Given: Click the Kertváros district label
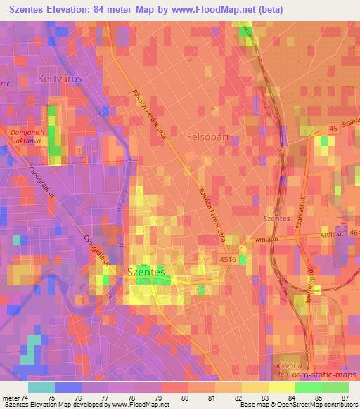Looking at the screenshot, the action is point(60,79).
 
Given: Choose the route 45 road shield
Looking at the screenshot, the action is point(333,128).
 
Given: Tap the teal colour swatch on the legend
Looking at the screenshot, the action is point(41,387).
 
